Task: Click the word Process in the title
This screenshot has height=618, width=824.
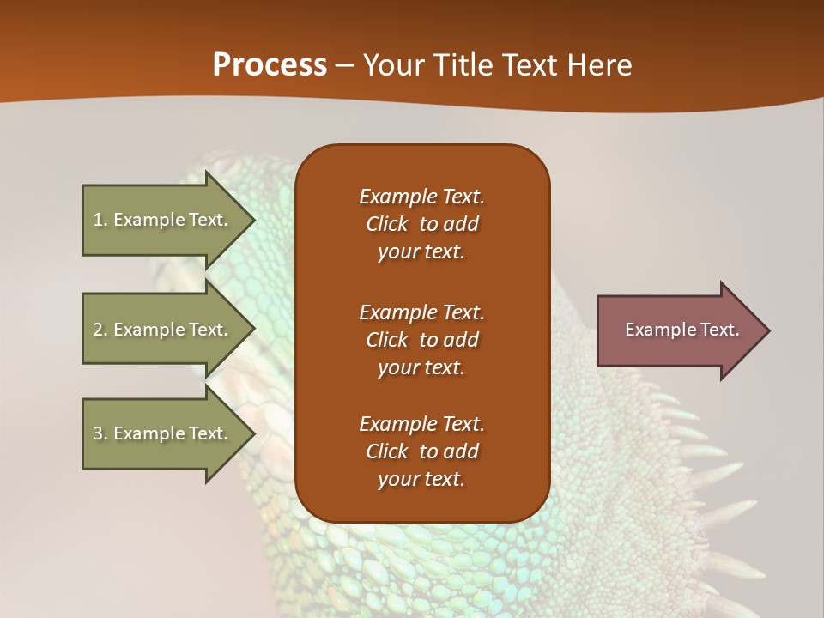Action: pyautogui.click(x=270, y=65)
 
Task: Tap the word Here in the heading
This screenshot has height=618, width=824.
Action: pyautogui.click(x=600, y=65)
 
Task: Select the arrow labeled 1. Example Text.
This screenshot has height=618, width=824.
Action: pyautogui.click(x=163, y=220)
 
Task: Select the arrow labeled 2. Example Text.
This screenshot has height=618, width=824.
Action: pyautogui.click(x=163, y=330)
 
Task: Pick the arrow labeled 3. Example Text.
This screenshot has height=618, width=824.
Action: pyautogui.click(x=163, y=433)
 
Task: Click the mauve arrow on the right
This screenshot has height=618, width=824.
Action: pyautogui.click(x=678, y=330)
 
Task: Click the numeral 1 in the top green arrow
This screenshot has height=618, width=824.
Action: pyautogui.click(x=97, y=220)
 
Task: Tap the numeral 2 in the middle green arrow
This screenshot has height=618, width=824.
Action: pyautogui.click(x=98, y=330)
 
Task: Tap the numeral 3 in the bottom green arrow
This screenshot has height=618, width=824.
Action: pyautogui.click(x=98, y=433)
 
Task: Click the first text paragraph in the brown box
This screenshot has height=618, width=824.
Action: pyautogui.click(x=421, y=224)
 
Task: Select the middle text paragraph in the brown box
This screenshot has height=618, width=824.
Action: pyautogui.click(x=421, y=340)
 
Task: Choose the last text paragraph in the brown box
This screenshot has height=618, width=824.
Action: pyautogui.click(x=421, y=451)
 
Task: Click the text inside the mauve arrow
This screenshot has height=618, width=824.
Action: pyautogui.click(x=682, y=330)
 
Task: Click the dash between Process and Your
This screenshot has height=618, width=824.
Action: pyautogui.click(x=345, y=65)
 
